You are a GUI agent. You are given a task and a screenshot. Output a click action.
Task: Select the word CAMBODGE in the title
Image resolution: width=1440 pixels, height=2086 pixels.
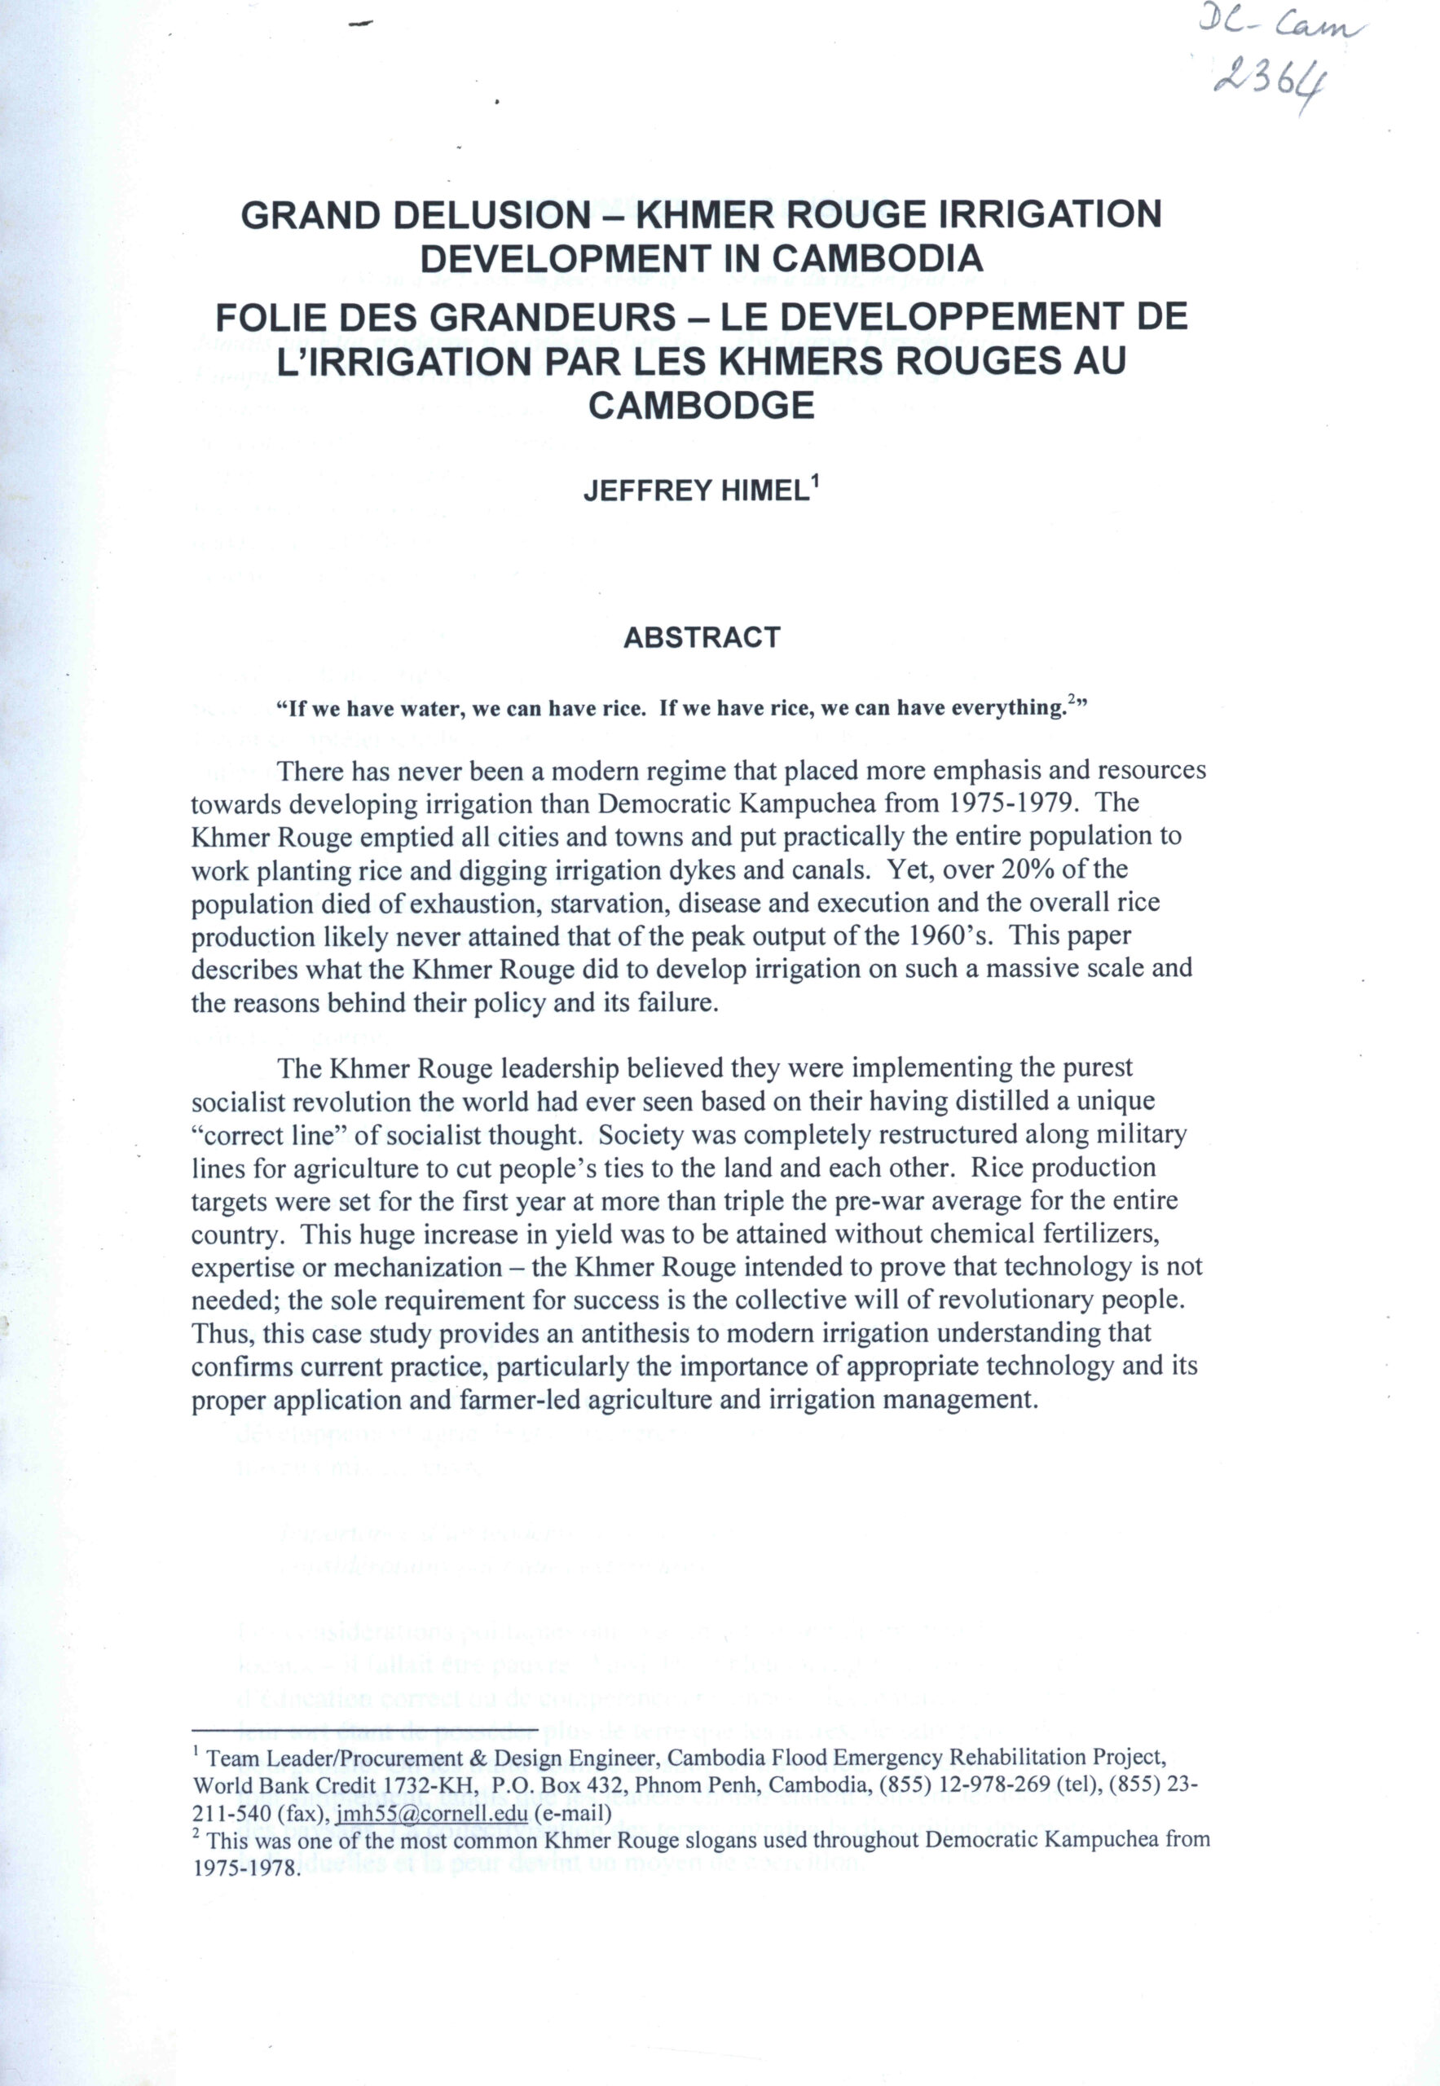coord(701,405)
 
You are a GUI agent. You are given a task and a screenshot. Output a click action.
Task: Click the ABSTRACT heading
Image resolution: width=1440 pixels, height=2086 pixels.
coord(701,638)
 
